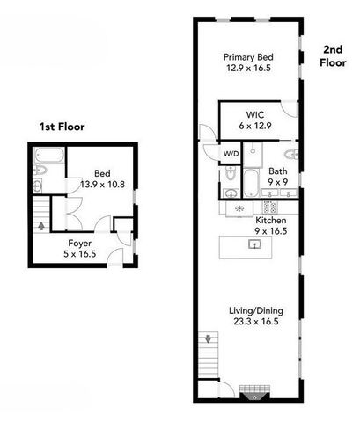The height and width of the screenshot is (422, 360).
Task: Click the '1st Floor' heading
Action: click(x=61, y=127)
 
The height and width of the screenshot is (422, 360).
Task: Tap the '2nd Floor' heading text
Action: click(x=332, y=56)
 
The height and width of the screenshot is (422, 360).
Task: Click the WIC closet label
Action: click(x=256, y=113)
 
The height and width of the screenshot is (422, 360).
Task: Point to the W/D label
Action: click(x=230, y=154)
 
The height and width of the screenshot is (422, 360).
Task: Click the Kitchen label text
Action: click(x=271, y=221)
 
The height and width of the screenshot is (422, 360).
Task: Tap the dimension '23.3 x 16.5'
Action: click(x=252, y=323)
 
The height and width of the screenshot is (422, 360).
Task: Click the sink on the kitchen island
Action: click(x=254, y=245)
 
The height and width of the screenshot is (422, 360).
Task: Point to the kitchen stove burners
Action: click(x=271, y=207)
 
